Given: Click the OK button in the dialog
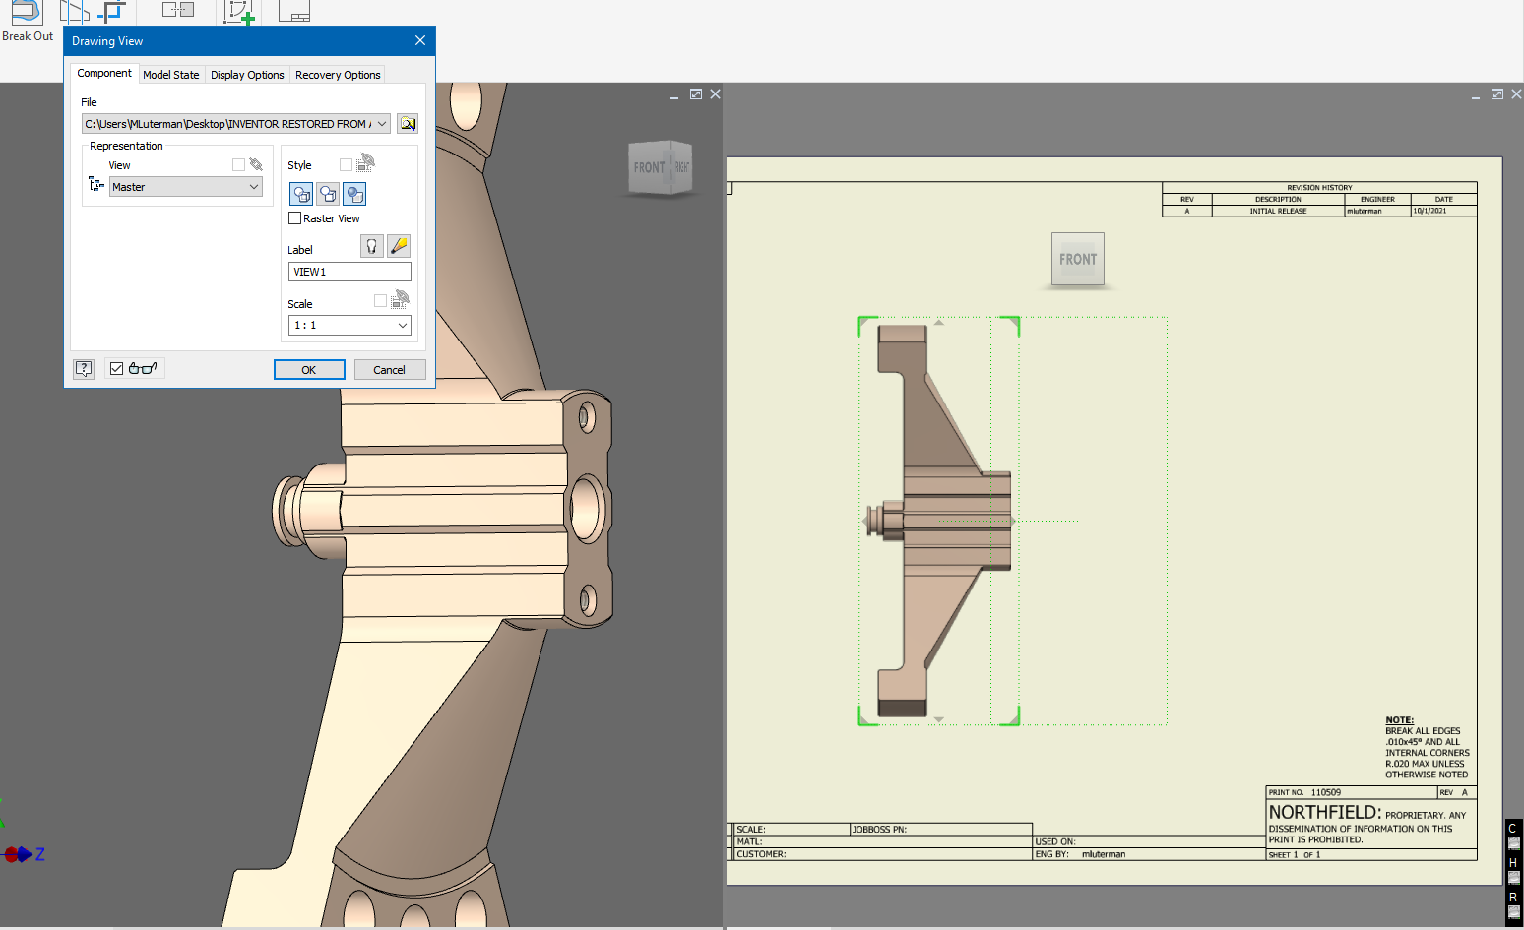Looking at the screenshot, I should (309, 370).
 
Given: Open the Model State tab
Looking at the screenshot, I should (170, 75).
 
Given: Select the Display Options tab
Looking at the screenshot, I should (247, 75).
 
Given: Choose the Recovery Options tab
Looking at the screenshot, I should (338, 75).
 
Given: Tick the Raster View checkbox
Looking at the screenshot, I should (294, 218).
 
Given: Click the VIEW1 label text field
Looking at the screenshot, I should (349, 272).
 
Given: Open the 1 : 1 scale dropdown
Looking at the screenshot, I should (349, 325).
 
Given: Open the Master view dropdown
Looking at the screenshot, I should (185, 187).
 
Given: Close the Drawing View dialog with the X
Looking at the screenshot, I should (420, 40).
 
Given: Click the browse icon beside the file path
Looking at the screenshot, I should (408, 124).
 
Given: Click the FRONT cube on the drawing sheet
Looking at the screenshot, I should (1078, 259).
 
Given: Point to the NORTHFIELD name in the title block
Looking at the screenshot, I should (1324, 812).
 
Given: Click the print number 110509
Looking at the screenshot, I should (1325, 792).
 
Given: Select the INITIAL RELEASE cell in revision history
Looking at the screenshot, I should (1278, 211).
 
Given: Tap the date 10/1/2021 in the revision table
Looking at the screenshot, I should (1429, 211).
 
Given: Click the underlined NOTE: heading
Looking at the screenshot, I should (1399, 720).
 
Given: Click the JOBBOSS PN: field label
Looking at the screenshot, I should (879, 830).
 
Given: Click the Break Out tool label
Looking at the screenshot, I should (28, 36).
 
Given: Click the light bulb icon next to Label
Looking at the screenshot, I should (372, 246).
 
